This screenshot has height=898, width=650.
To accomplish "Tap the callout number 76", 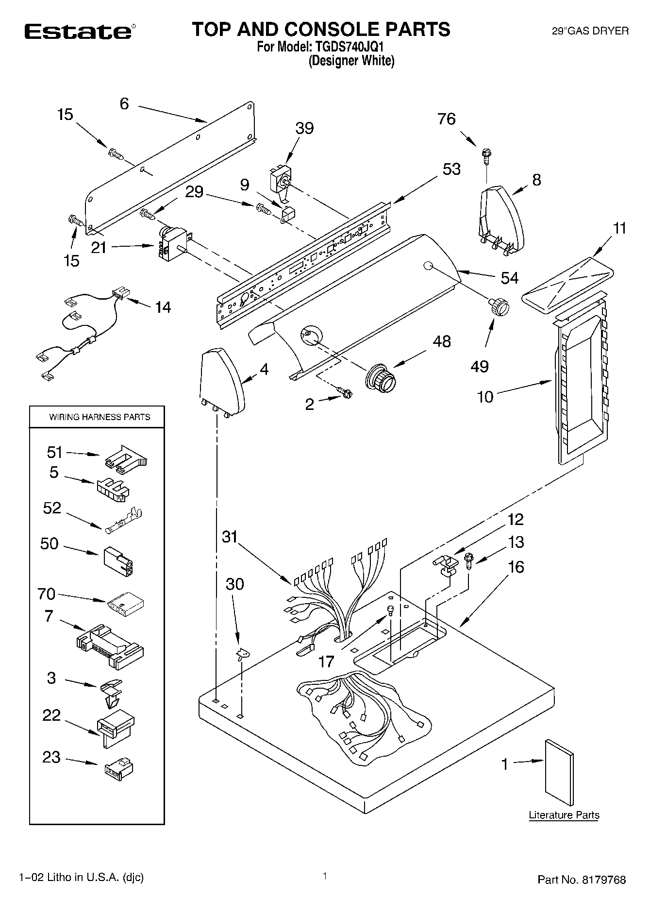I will click(446, 119).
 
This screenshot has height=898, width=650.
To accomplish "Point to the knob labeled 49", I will click(499, 307).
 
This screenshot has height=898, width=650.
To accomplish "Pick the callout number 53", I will click(451, 169).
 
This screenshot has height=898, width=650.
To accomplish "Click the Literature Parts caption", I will click(564, 815).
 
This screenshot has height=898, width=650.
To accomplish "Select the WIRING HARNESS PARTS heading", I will click(100, 417).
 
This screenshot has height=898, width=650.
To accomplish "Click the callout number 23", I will click(51, 757).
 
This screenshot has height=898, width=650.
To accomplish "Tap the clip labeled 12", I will click(445, 565).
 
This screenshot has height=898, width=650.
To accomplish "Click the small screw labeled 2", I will click(346, 392).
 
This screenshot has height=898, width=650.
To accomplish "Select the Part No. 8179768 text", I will click(581, 879).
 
